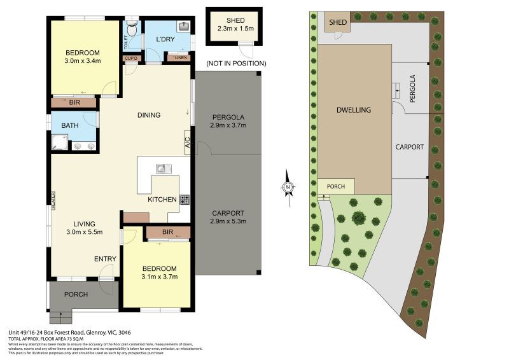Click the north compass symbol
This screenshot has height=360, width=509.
[288, 186]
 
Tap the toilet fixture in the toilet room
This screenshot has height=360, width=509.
[132, 28]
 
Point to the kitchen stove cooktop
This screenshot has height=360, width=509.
[185, 199]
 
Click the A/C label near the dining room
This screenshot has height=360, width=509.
[188, 142]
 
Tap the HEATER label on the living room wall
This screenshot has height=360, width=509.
[54, 201]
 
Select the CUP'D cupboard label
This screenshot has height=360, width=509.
[132, 58]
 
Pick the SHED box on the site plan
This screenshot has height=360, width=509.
[337, 23]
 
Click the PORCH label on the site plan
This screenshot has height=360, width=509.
[335, 186]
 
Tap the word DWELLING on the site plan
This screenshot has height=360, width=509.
[353, 110]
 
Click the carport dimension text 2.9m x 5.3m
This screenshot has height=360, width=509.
[227, 221]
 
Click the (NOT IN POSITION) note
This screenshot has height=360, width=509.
[235, 64]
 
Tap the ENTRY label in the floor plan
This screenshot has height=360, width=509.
[104, 259]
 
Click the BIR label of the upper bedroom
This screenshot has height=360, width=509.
[74, 102]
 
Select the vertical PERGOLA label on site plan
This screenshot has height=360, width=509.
[412, 89]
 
